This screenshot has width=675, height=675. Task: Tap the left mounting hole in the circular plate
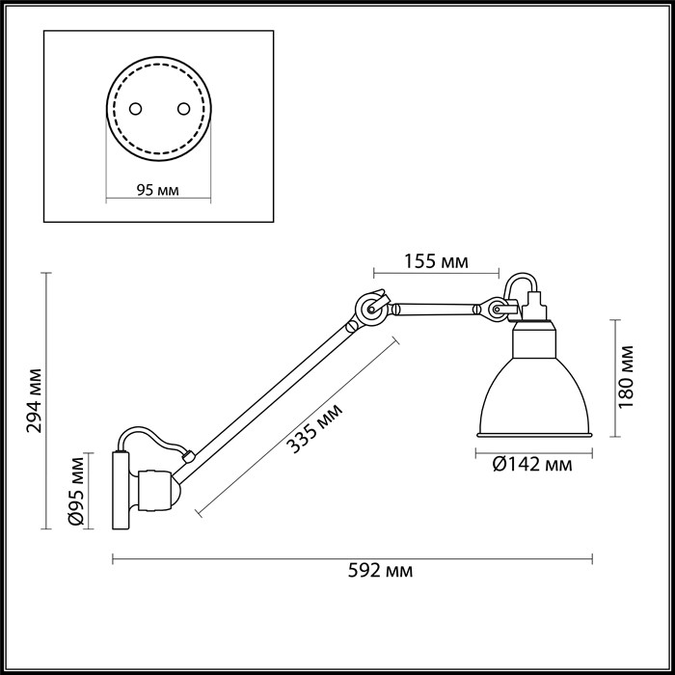coord(136,109)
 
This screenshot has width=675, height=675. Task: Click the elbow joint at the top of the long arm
coord(369,309)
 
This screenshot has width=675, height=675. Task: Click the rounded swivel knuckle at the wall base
coord(155,489)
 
